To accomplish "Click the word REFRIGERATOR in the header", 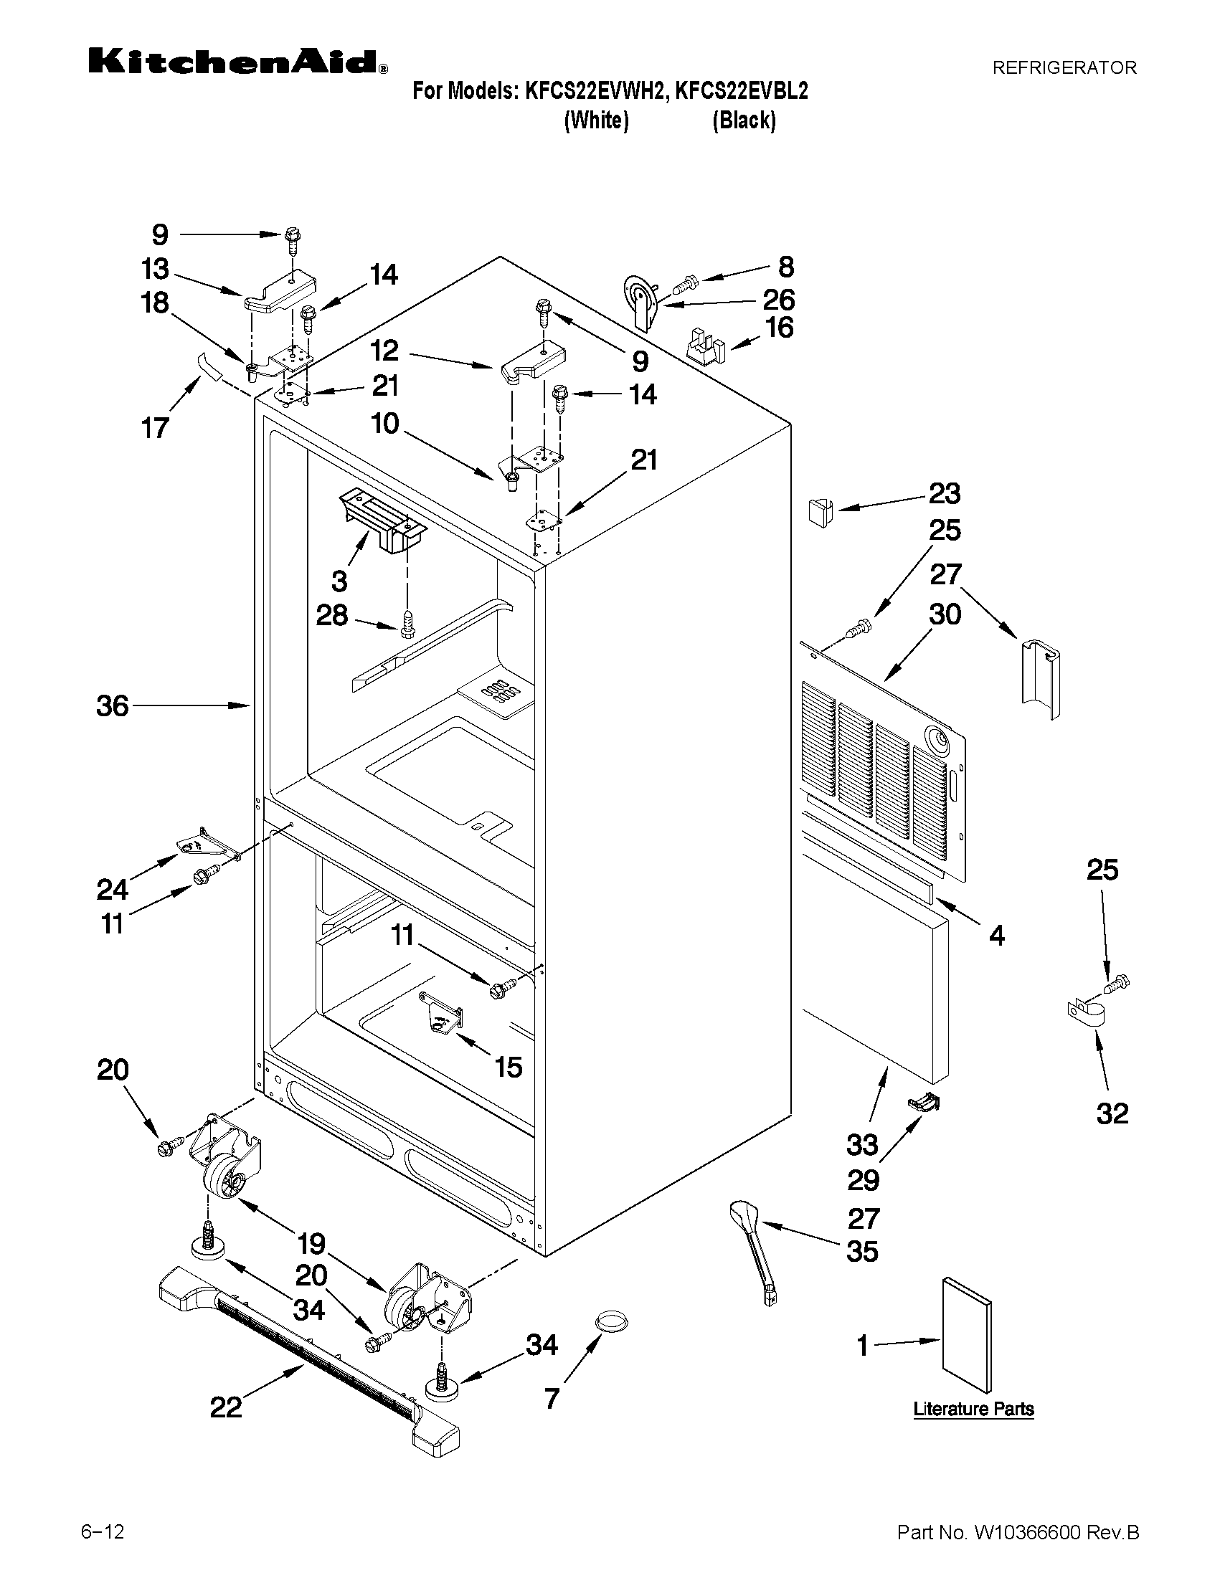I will click(x=1064, y=68).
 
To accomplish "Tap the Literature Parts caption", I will click(x=973, y=1409).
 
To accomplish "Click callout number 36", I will click(x=113, y=706).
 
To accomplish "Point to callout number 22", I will click(x=225, y=1407).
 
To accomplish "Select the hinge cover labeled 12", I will click(x=534, y=363).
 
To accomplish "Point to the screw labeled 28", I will click(x=407, y=624).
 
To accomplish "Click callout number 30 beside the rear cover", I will click(x=945, y=615).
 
